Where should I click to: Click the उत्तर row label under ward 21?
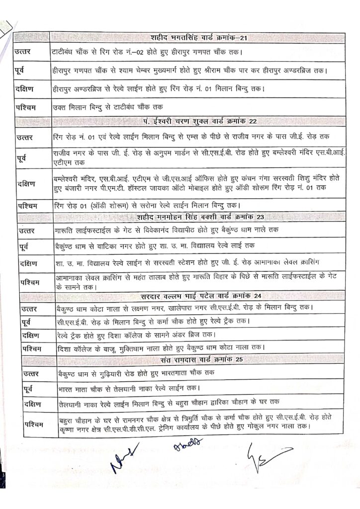click(25, 52)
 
